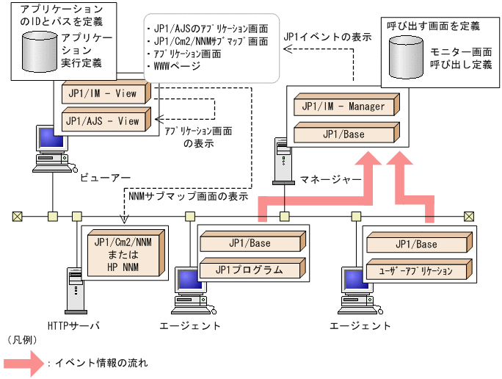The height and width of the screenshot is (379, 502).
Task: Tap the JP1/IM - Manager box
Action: tap(345, 107)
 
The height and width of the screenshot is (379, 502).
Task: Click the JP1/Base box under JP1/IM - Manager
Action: tap(345, 134)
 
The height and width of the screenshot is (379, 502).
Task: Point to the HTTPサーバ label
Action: tap(73, 325)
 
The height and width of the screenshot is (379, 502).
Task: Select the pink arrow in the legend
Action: tap(23, 363)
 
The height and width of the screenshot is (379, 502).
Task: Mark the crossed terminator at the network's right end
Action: tap(468, 216)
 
